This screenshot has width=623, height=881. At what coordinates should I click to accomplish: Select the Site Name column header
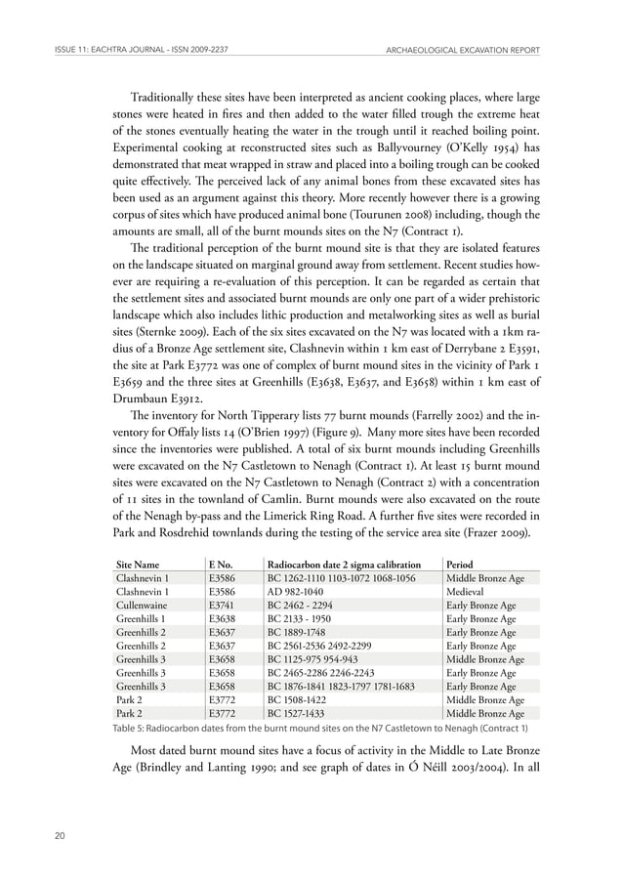(x=138, y=565)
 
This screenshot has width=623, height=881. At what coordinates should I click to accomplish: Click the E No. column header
(x=222, y=565)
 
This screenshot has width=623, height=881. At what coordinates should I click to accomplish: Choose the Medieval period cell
(x=468, y=592)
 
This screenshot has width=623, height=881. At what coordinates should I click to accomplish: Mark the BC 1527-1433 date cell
(x=301, y=714)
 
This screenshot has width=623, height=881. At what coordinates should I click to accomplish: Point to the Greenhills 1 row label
(x=143, y=619)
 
